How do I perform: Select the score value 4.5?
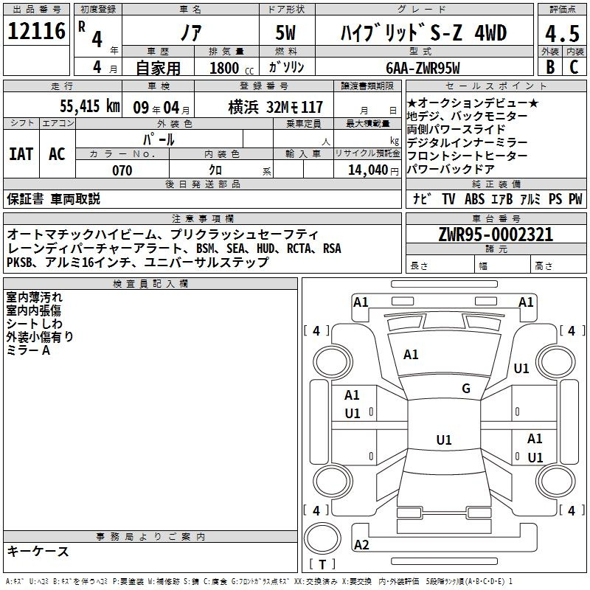[x=561, y=33]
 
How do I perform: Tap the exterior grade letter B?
[x=549, y=66]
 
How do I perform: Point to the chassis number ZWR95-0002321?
[x=495, y=235]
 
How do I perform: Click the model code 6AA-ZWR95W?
[x=423, y=68]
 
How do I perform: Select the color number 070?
[x=122, y=170]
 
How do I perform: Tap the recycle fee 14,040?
[x=367, y=170]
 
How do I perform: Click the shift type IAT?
[x=21, y=154]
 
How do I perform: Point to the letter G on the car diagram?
[x=466, y=389]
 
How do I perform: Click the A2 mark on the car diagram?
[x=361, y=545]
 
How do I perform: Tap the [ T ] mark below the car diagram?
[x=322, y=565]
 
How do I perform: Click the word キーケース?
[x=38, y=551]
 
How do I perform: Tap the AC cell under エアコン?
[x=57, y=154]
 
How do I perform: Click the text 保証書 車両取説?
[x=53, y=199]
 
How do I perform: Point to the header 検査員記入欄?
[x=150, y=284]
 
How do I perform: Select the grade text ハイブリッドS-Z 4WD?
[x=423, y=33]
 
